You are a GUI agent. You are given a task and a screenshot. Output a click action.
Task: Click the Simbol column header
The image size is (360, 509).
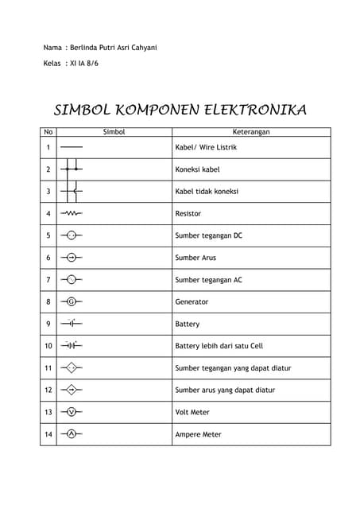pos(114,132)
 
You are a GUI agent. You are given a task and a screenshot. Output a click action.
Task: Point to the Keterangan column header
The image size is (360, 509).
pos(251,132)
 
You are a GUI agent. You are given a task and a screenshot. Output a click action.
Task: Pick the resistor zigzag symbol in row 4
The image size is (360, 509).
pos(72,213)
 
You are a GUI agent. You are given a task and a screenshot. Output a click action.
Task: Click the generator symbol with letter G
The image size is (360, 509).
pos(72,301)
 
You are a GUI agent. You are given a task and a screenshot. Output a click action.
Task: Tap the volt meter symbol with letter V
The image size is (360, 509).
pos(72,412)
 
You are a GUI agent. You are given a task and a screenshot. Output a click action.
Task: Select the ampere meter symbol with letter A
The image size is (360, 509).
pos(72,434)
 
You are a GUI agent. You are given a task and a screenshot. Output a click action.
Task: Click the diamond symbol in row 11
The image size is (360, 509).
pos(72,367)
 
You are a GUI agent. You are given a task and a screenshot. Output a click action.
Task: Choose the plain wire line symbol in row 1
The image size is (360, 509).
pos(72,147)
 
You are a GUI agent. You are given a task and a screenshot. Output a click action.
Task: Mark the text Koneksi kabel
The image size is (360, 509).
pos(197,169)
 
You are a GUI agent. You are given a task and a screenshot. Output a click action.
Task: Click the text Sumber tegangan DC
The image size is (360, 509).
pos(208,235)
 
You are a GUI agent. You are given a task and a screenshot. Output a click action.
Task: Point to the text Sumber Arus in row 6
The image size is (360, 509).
pos(195,258)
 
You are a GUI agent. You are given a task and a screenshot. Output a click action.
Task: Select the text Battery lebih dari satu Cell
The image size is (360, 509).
pos(219,346)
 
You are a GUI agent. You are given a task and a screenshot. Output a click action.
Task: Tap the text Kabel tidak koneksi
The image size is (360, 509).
pos(207,192)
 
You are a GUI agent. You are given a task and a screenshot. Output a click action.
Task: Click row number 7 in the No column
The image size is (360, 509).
pos(48,280)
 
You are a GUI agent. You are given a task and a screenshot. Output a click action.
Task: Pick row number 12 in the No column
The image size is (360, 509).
pos(48,390)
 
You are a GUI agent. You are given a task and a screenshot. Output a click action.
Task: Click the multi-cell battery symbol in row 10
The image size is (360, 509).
pos(72,345)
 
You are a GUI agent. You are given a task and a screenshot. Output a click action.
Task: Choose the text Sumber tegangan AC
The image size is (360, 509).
pos(208,280)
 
